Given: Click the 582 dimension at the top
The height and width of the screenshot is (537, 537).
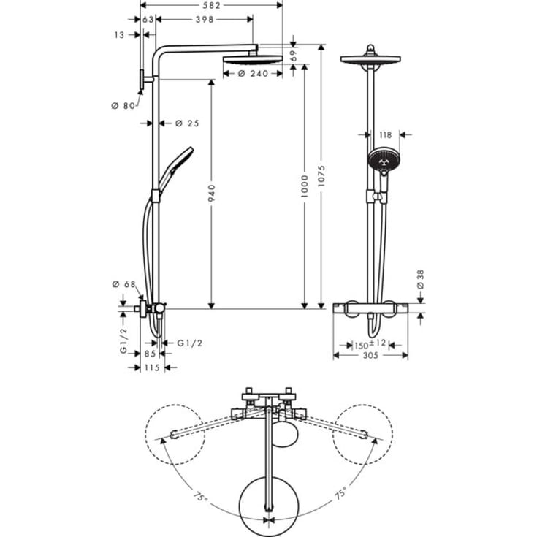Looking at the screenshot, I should pos(210,6).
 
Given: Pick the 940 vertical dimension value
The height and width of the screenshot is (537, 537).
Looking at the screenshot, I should pos(211,193).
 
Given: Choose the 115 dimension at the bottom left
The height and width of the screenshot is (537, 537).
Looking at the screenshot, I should pos(151,367).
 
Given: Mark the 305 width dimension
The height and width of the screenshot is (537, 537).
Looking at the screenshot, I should pos(370,356).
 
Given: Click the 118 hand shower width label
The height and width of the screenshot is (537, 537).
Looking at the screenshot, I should pos(386,134).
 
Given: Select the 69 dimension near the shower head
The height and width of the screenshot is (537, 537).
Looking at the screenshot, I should pos(294,55).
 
